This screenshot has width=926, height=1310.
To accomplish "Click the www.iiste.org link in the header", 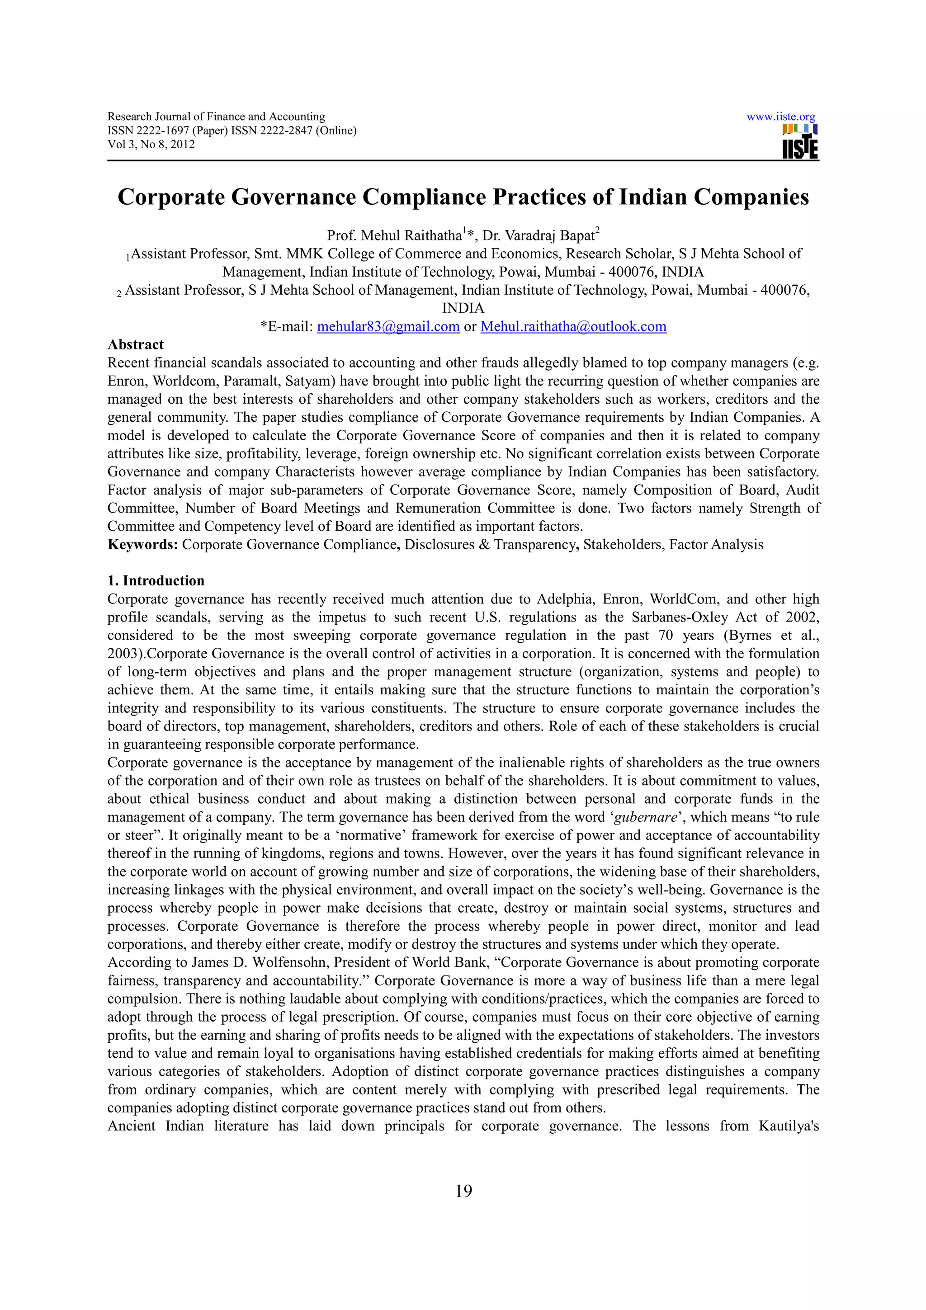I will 780,117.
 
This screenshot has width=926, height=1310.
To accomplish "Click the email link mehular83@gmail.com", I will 388,326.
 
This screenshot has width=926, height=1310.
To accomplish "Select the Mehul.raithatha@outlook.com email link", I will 573,326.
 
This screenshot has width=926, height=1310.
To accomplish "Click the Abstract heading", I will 136,344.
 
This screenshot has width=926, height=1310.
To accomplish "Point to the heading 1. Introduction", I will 156,581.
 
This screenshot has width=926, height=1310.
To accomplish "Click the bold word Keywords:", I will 143,544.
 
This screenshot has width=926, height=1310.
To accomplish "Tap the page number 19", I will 463,1191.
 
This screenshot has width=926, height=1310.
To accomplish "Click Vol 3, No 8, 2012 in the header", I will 151,144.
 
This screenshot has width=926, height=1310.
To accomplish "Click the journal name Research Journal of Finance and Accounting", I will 216,117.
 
